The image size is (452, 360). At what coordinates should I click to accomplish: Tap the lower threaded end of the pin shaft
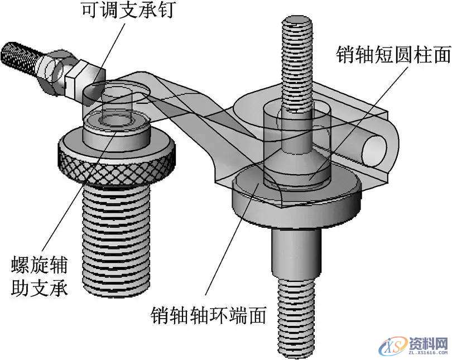pos(296,324)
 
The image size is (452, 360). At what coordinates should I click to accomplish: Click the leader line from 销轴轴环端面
pos(229,246)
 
